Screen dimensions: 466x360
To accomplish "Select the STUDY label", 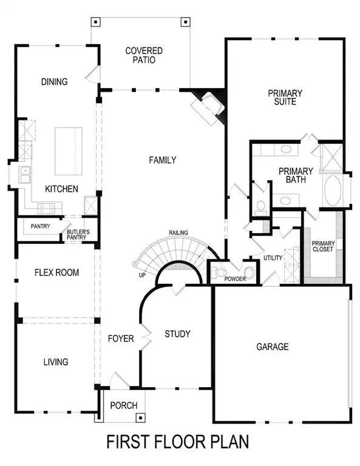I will (177, 334).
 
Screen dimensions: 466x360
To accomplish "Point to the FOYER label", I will (121, 339).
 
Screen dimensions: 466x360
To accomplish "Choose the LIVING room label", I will (55, 362).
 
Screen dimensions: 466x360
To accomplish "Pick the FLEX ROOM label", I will (56, 272).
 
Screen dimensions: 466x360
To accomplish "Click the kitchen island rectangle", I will (69, 150).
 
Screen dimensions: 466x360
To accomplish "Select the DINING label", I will (54, 82).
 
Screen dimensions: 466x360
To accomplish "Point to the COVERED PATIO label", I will (140, 55).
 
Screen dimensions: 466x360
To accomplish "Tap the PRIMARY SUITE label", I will (285, 97).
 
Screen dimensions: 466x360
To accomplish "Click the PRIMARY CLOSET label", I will (322, 246).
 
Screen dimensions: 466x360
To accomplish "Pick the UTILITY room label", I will (273, 258).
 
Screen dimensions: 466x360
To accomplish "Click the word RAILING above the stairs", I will (178, 232).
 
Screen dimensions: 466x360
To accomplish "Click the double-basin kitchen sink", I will (25, 175).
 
